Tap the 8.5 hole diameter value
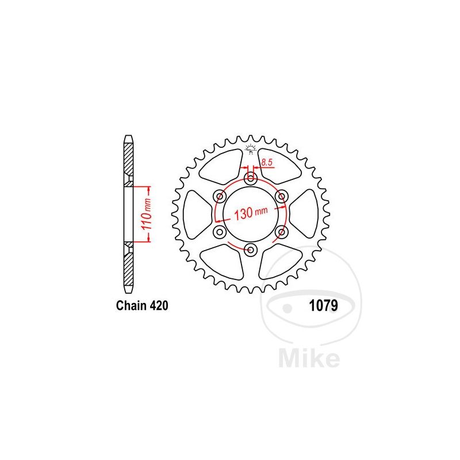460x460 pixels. (266, 163)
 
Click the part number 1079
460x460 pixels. (319, 306)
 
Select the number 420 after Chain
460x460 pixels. (159, 306)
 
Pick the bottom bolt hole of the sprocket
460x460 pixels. (251, 250)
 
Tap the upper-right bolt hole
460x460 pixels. (281, 197)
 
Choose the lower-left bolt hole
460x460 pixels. (220, 232)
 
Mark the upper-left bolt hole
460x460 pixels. (220, 197)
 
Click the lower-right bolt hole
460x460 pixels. (281, 232)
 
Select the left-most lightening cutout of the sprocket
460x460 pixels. (195, 214)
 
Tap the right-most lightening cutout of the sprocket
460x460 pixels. (305, 214)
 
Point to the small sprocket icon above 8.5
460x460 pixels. (250, 149)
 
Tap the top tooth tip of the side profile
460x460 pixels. (128, 138)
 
